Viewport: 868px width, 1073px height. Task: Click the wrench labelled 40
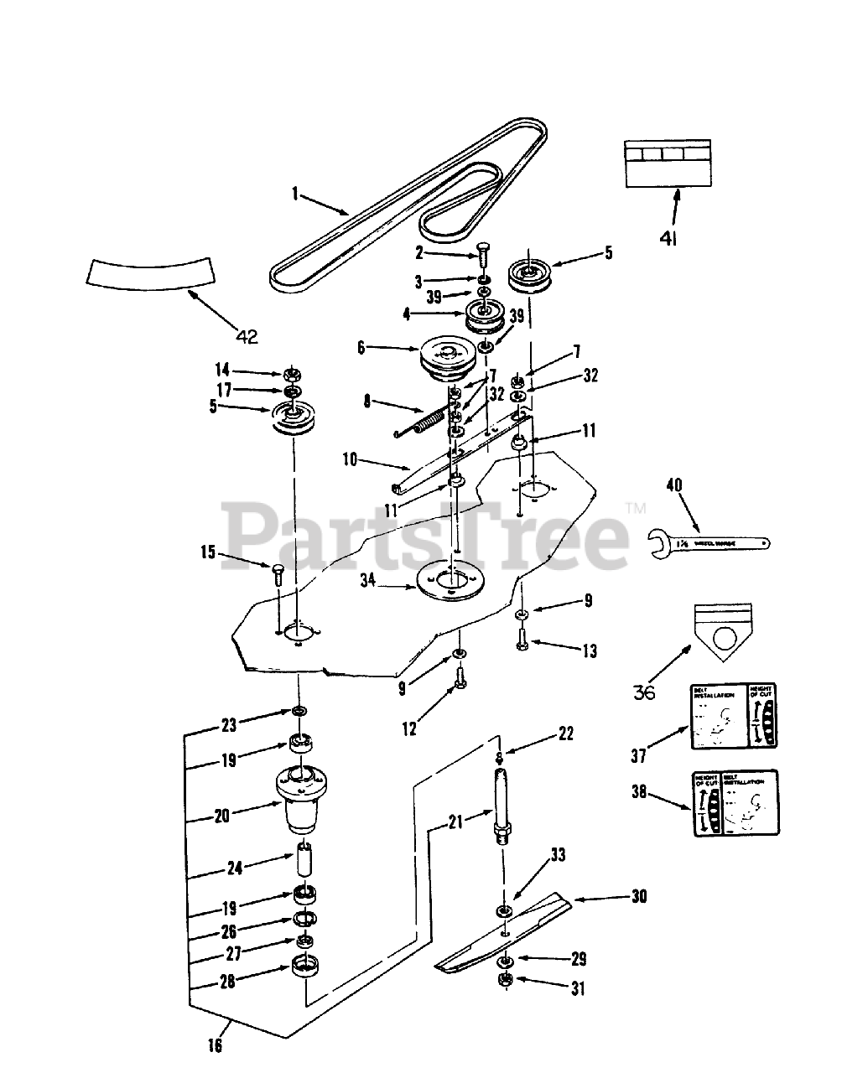[709, 542]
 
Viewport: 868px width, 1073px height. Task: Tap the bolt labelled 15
[278, 576]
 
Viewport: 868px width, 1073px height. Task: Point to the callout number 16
[216, 1044]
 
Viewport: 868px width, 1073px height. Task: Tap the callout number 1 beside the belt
[295, 194]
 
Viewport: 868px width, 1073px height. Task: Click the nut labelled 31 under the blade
[507, 982]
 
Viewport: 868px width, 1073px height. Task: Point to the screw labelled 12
[460, 677]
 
